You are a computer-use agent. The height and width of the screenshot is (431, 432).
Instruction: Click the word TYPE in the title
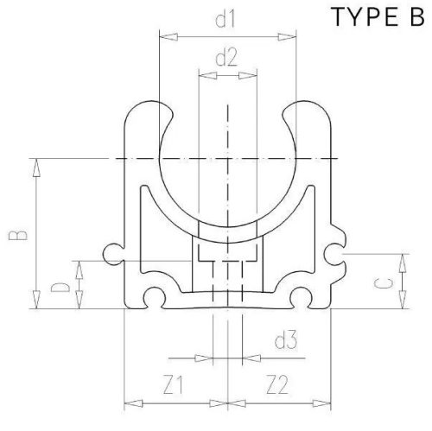355,19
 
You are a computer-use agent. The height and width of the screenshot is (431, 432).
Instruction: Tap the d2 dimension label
226,59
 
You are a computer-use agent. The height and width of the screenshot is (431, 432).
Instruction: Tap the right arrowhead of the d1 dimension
285,35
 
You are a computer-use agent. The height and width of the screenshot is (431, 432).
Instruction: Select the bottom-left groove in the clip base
155,298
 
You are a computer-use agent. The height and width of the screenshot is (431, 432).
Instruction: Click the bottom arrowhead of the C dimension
403,303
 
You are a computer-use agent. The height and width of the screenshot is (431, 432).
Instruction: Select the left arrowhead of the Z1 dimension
130,402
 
